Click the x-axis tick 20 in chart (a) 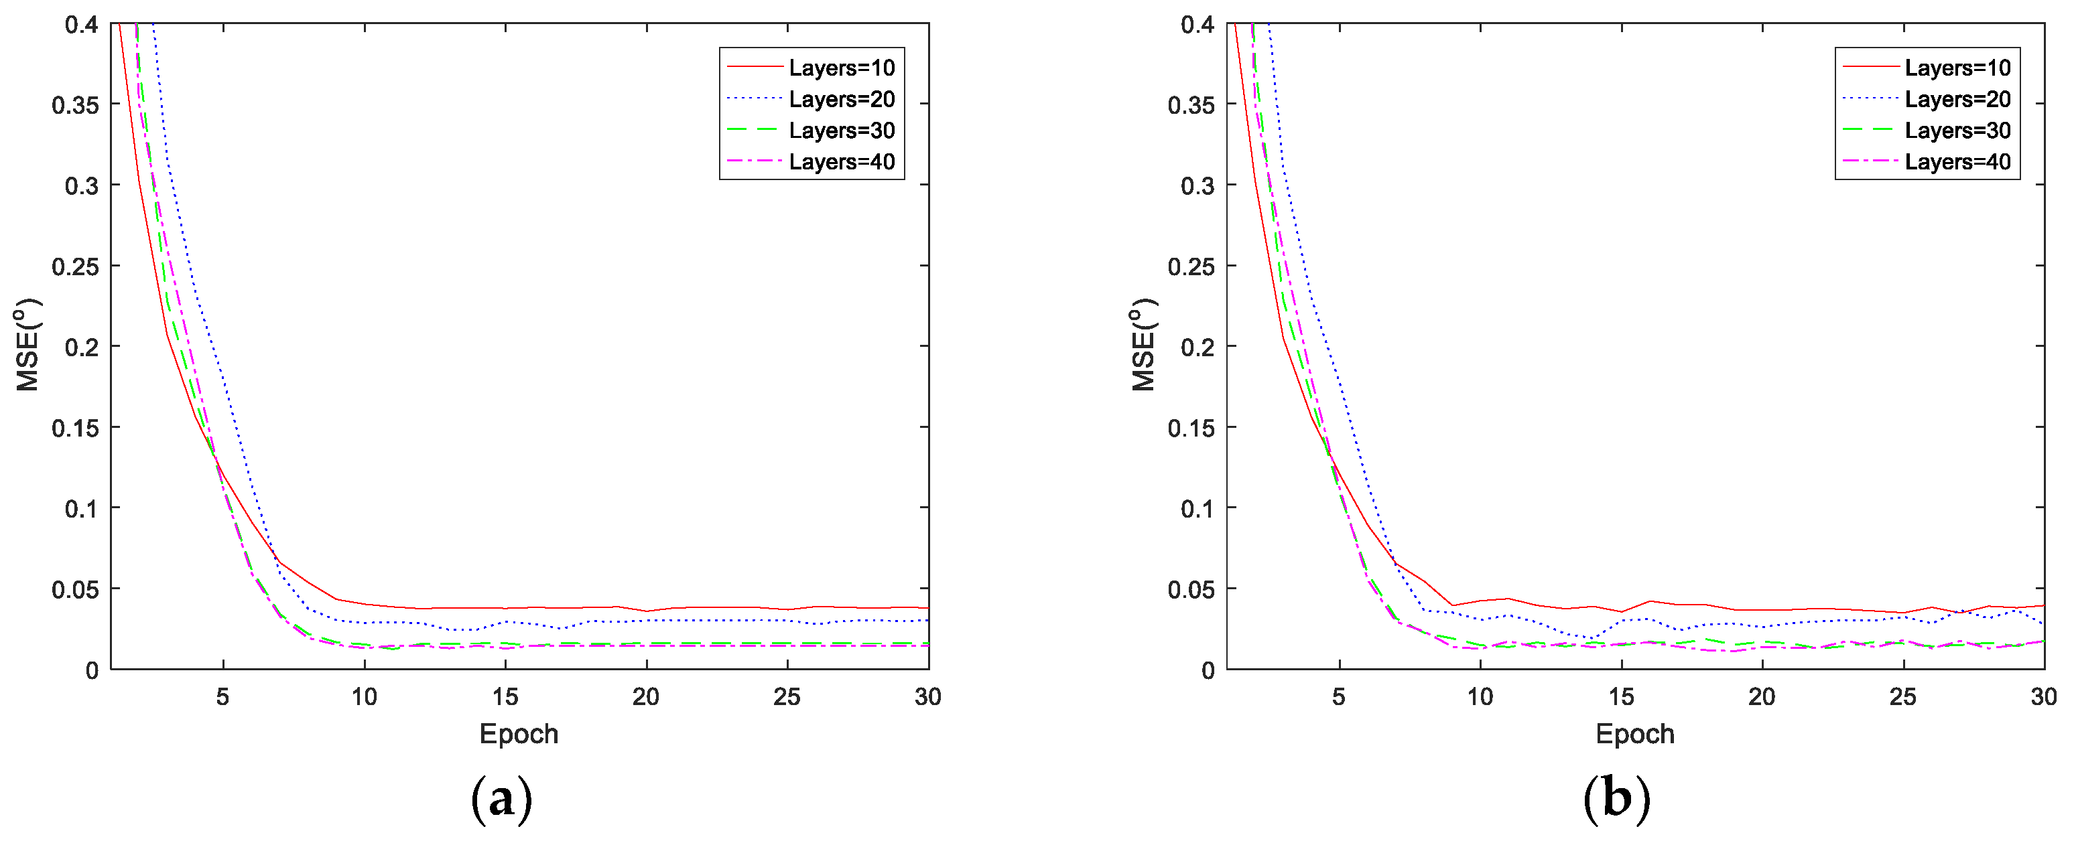(x=646, y=697)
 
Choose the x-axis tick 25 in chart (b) (x=1903, y=697)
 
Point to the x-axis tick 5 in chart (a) (x=223, y=697)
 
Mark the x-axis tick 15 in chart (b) (x=1621, y=697)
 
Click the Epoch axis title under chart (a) (x=519, y=734)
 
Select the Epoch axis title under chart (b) (x=1634, y=734)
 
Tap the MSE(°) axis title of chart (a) (x=28, y=346)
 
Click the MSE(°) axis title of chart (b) (x=1143, y=346)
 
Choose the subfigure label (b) (x=1617, y=799)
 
